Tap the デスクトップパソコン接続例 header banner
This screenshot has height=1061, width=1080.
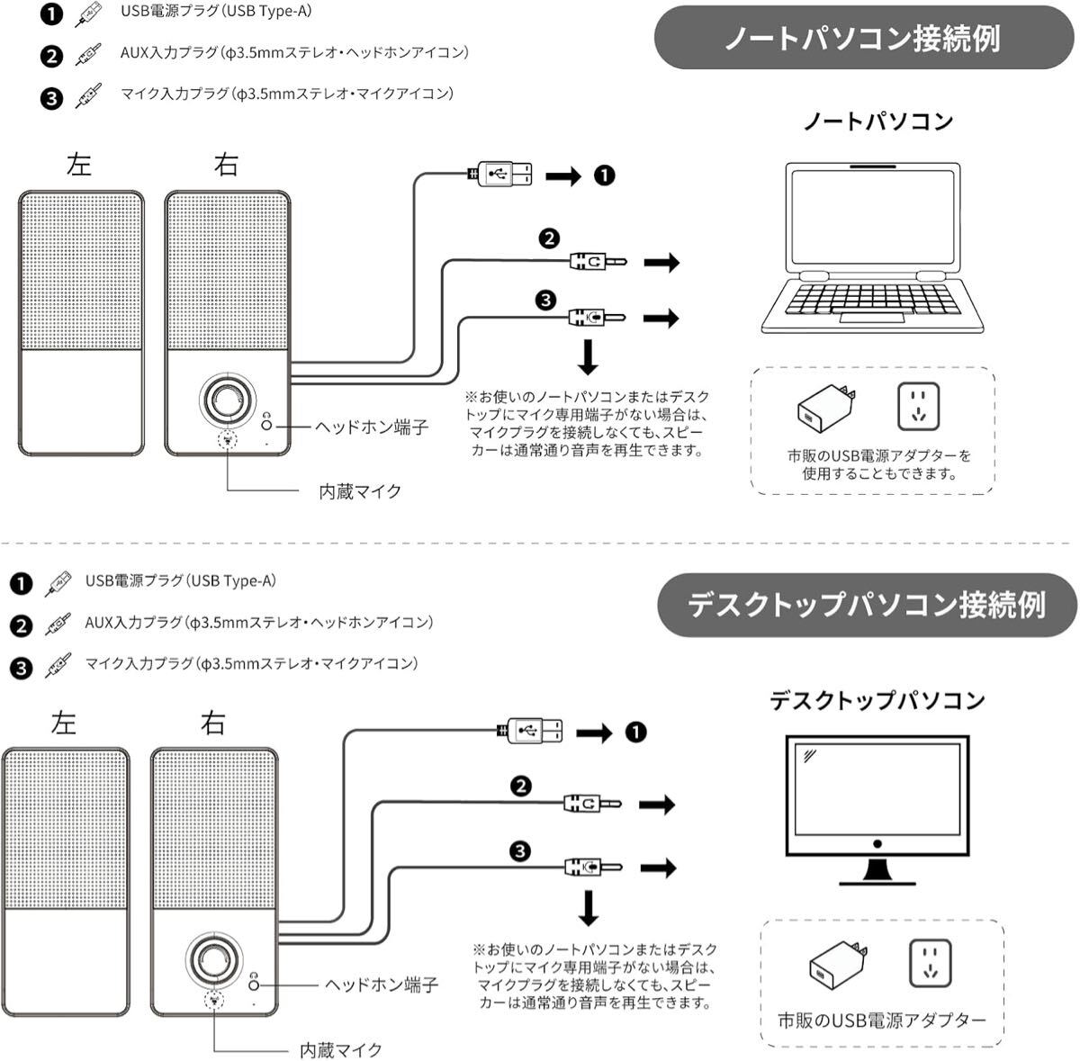(867, 603)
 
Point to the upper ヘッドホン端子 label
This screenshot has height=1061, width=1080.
(371, 427)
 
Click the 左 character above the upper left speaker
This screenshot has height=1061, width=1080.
(80, 164)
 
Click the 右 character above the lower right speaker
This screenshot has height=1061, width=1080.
(213, 723)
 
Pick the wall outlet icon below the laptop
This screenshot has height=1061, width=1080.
(918, 408)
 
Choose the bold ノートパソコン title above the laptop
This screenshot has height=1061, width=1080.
(877, 121)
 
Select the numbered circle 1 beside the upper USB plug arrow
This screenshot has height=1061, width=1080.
(604, 175)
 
